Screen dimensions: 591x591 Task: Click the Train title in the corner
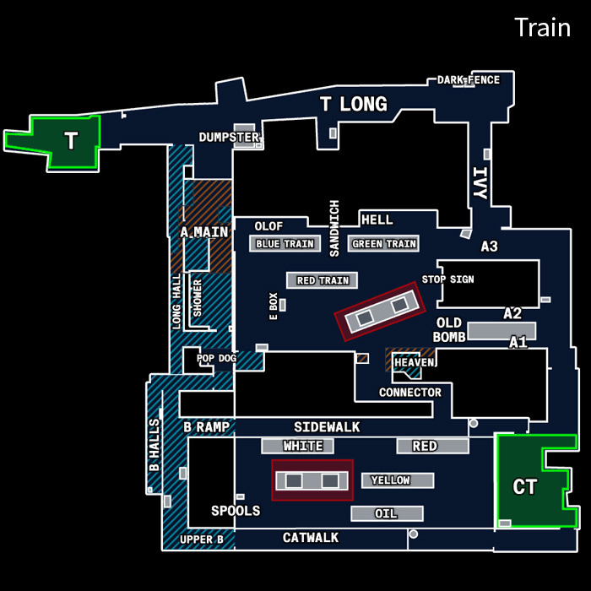pos(542,27)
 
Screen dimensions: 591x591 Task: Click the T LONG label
pos(353,105)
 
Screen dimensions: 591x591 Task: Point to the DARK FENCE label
pos(468,80)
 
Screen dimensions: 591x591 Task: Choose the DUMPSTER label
pos(228,137)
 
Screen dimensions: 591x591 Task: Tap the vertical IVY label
pos(480,183)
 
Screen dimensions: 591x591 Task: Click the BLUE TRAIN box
pos(285,244)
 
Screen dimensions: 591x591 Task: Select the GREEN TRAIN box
pos(384,244)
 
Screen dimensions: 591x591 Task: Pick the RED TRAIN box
pos(323,280)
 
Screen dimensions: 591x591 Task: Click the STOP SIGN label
pos(447,279)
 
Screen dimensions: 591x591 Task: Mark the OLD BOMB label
pos(448,330)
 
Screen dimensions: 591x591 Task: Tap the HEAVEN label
pos(414,362)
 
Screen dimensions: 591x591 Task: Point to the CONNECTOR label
pos(409,393)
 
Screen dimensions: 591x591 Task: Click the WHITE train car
pos(303,446)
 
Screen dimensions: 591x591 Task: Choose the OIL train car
pos(387,513)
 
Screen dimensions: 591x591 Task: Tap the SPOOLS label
pos(236,511)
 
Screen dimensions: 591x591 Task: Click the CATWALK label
pos(311,538)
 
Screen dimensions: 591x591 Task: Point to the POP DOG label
pos(216,358)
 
